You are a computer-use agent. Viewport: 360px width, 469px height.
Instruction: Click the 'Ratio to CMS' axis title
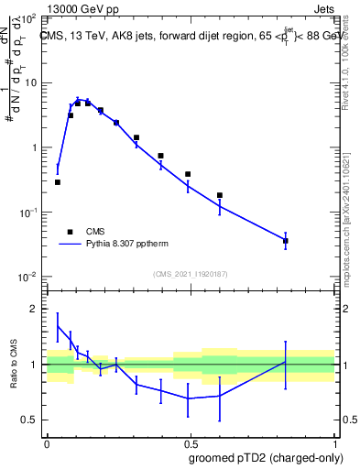[x=15, y=364]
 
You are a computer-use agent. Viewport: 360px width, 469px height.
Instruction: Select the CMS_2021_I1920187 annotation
[x=191, y=273]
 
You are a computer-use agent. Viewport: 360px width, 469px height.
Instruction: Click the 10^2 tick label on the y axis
[x=27, y=18]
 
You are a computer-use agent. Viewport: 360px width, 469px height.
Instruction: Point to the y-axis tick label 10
[x=30, y=83]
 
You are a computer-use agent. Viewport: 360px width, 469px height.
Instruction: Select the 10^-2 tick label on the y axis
[x=27, y=277]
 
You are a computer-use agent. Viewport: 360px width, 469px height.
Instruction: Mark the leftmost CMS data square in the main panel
[x=58, y=182]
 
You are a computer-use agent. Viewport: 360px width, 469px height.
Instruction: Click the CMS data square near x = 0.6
[x=220, y=195]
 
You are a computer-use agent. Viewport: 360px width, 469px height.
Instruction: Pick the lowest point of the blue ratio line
[x=189, y=398]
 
